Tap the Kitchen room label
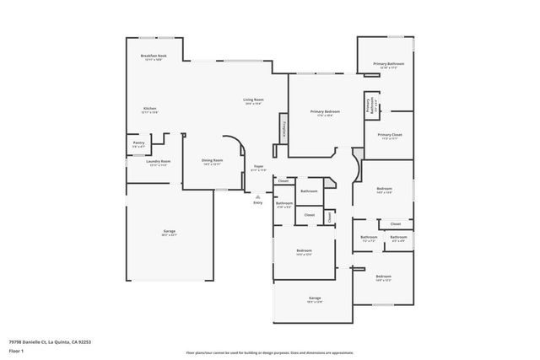coord(149,110)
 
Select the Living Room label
coord(254,101)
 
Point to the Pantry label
coord(139,144)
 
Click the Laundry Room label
coord(159,163)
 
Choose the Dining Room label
coord(212,162)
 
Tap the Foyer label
coord(259,168)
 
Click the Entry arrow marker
coord(258,196)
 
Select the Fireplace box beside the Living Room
coord(283,129)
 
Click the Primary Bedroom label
coord(325,113)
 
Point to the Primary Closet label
coord(389,137)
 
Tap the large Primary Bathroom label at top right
coord(389,65)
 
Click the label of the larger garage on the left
coord(170,233)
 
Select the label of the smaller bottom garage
coord(315,299)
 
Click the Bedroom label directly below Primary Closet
coord(384,190)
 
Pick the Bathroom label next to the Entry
coord(284,204)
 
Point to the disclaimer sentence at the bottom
coord(270,352)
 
